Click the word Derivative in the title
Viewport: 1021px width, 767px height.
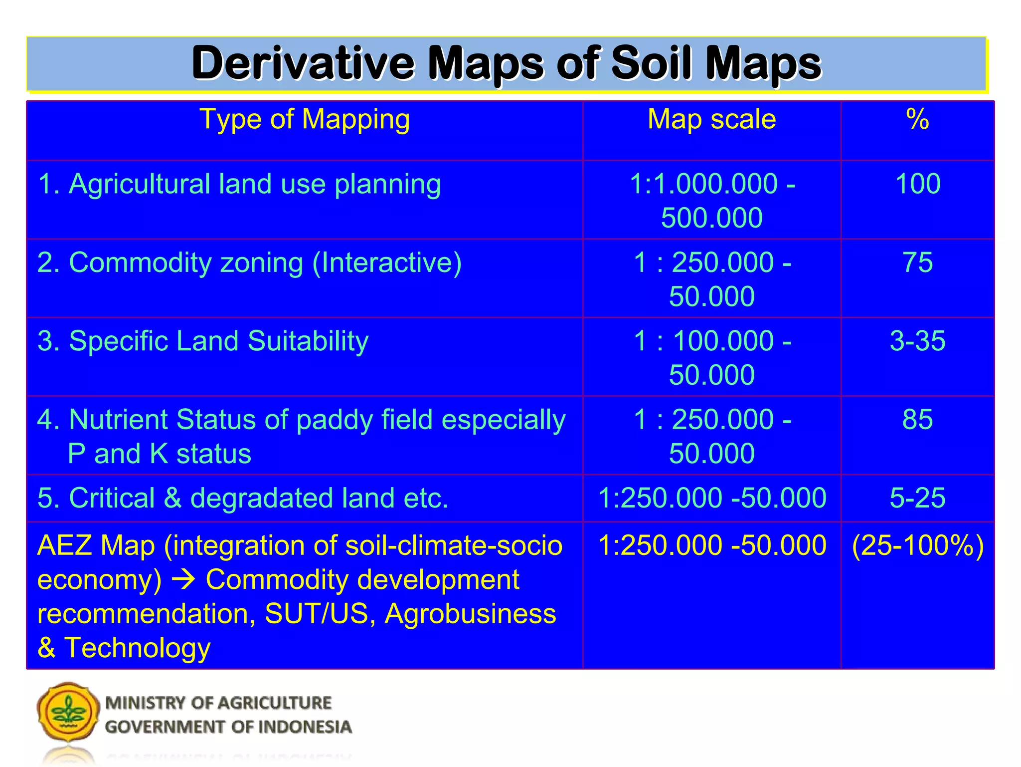tap(303, 63)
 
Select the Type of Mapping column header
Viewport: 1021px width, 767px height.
tap(305, 120)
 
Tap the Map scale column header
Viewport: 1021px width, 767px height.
tap(711, 120)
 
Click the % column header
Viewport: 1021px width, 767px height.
tap(917, 120)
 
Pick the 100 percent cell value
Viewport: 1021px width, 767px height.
tap(918, 184)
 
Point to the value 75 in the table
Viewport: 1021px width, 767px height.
tap(917, 262)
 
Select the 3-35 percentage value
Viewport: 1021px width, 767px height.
tap(917, 341)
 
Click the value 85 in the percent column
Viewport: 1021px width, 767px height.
tap(917, 420)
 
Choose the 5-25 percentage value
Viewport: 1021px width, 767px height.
tap(917, 498)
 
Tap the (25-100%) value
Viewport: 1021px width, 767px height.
tap(918, 545)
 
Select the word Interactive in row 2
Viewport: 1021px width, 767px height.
tap(386, 263)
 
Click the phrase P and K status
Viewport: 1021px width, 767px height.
tap(160, 454)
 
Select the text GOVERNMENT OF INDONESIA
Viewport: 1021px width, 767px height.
tap(228, 727)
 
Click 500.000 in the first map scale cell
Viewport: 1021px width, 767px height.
tap(711, 218)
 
